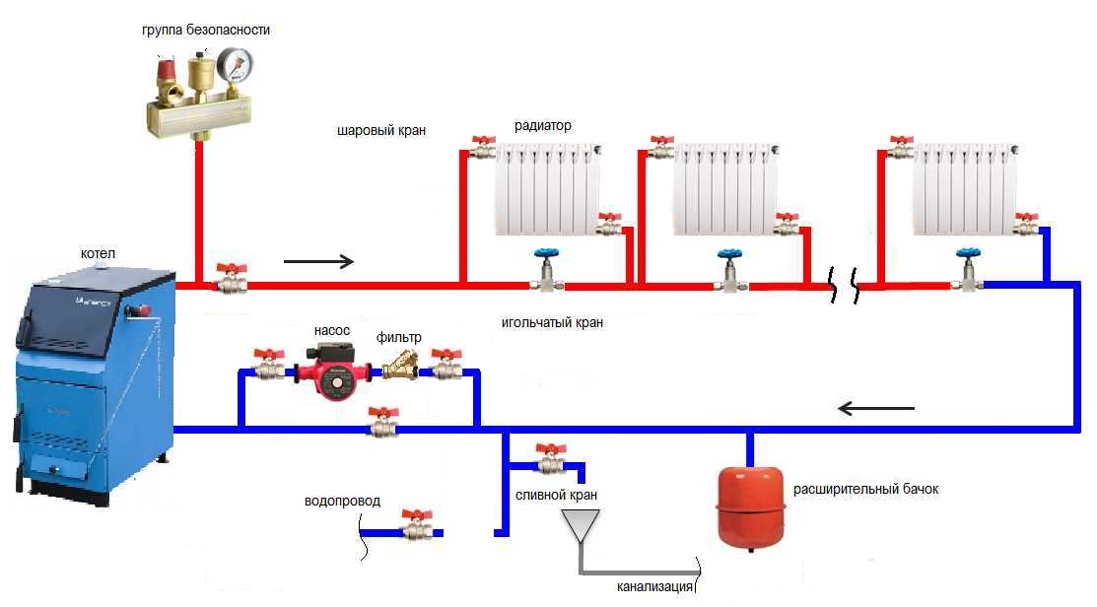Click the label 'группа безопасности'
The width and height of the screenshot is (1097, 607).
pyautogui.click(x=205, y=31)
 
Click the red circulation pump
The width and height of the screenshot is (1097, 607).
pyautogui.click(x=332, y=375)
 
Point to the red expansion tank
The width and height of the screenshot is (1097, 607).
pyautogui.click(x=750, y=503)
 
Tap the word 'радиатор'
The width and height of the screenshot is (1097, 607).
pyautogui.click(x=542, y=126)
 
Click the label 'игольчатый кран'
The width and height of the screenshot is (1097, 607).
pyautogui.click(x=552, y=322)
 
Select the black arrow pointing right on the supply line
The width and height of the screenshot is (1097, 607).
pyautogui.click(x=318, y=262)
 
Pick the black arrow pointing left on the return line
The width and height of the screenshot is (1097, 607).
pyautogui.click(x=875, y=407)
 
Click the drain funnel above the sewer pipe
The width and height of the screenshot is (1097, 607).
pyautogui.click(x=580, y=526)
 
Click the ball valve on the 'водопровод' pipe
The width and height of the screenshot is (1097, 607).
pyautogui.click(x=416, y=528)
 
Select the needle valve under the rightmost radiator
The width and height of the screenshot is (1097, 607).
pyautogui.click(x=968, y=271)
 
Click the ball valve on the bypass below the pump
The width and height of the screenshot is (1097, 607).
pyautogui.click(x=381, y=424)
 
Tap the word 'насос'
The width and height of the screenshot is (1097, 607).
pyautogui.click(x=332, y=331)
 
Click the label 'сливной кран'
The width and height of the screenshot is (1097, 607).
pyautogui.click(x=556, y=494)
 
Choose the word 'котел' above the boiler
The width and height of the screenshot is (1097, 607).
pyautogui.click(x=98, y=254)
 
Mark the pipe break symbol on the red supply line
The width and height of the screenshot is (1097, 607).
pyautogui.click(x=845, y=286)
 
